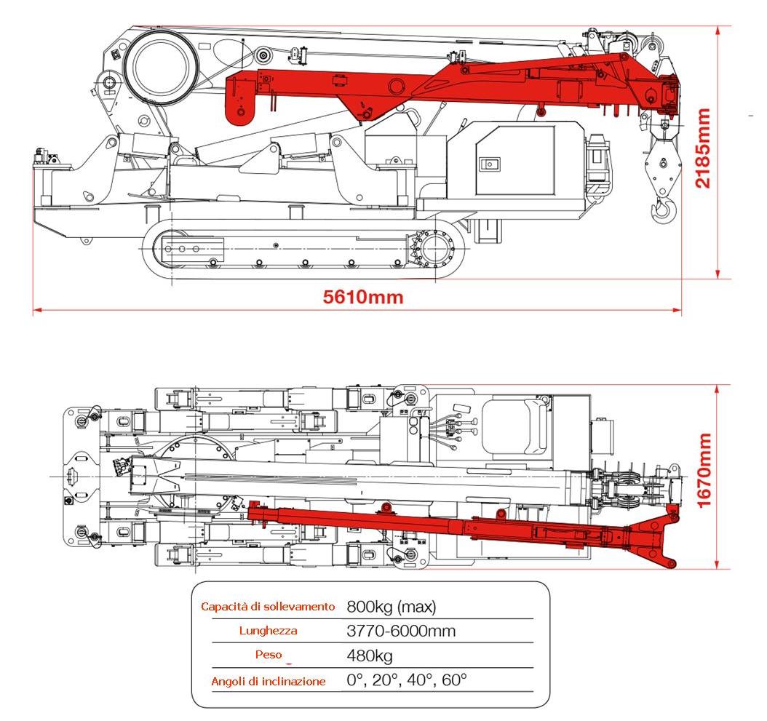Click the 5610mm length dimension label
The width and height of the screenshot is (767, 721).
(362, 297)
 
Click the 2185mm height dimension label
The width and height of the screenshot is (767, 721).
(703, 148)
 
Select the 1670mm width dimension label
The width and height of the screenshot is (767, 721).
(704, 471)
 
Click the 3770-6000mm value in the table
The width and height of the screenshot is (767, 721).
(401, 631)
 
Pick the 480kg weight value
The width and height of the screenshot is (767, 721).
(370, 656)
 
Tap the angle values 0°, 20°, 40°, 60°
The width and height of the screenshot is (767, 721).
(407, 681)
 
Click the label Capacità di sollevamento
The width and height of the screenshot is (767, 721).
(268, 606)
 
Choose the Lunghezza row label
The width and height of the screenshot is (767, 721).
(268, 631)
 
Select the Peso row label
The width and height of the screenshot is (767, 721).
(268, 655)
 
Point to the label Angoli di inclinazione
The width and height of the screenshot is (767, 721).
(268, 682)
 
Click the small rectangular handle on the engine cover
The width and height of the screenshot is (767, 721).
(492, 164)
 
